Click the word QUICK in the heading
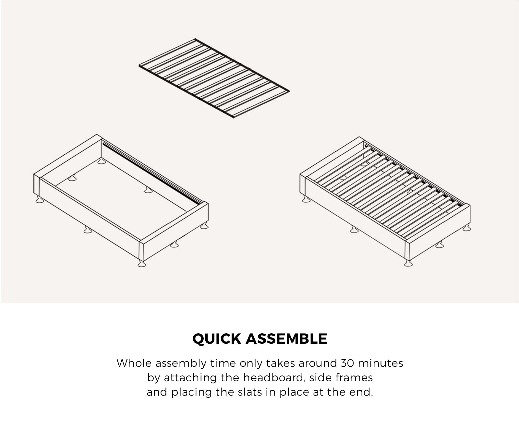tap(217, 339)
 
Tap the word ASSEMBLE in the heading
tap(286, 339)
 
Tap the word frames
tap(354, 377)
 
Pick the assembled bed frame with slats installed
tap(385, 201)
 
